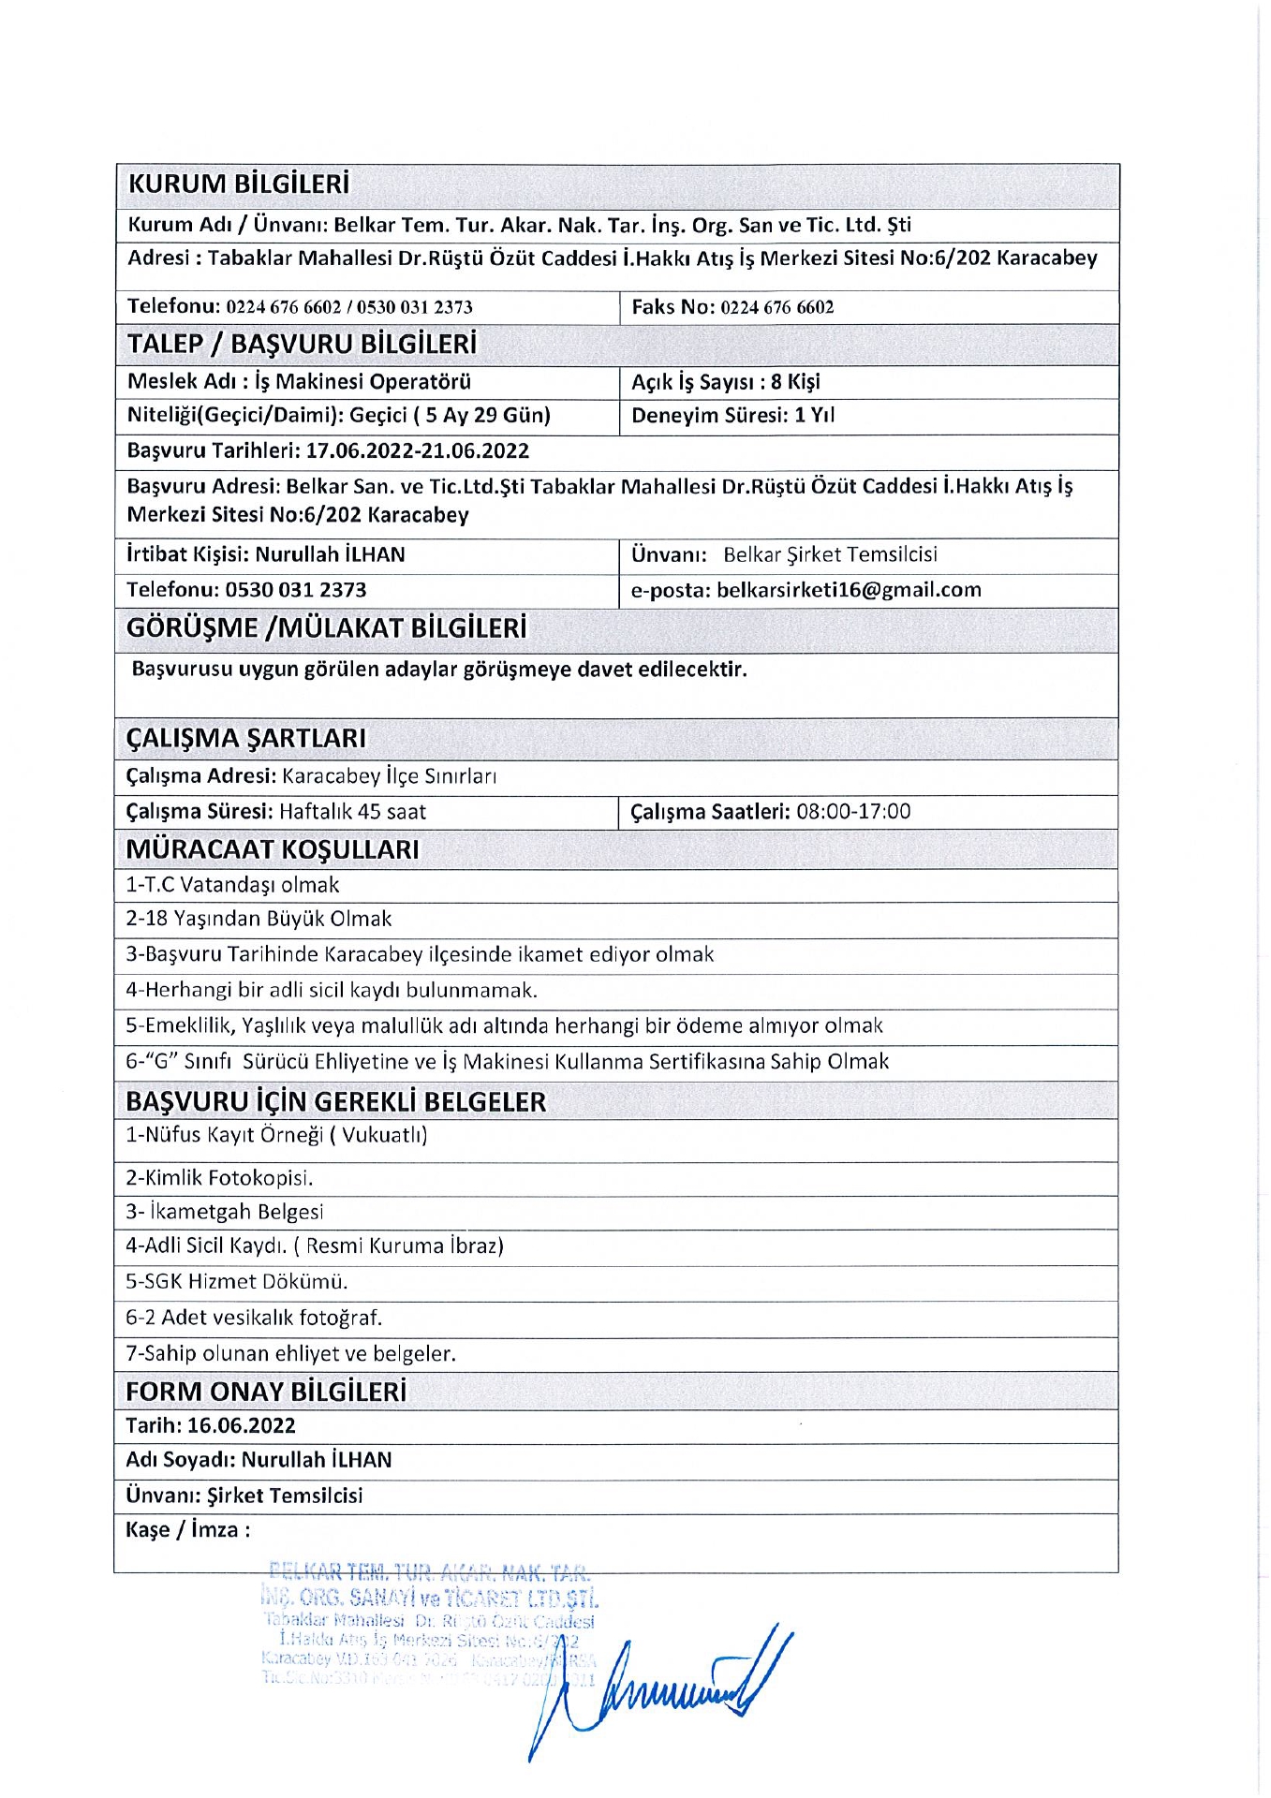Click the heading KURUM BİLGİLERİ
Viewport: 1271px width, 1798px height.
(x=238, y=184)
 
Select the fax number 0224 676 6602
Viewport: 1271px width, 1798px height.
(x=776, y=307)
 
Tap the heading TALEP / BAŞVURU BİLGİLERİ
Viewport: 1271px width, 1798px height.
(x=302, y=345)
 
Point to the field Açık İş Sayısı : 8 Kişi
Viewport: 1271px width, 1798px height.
(x=726, y=382)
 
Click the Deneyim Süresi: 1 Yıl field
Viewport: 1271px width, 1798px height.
(x=732, y=416)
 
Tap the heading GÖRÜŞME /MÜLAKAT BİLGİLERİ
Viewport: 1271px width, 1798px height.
(x=326, y=628)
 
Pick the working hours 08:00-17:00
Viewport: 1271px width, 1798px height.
(x=853, y=812)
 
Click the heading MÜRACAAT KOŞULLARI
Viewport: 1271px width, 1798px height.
(x=273, y=850)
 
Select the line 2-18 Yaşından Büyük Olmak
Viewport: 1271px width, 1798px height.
(x=259, y=920)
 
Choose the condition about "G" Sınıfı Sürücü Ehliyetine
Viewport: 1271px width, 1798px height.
(x=507, y=1062)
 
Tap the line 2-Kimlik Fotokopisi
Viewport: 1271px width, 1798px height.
(x=219, y=1178)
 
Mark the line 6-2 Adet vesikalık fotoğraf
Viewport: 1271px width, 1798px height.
(x=254, y=1319)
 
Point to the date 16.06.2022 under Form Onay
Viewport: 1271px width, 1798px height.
(x=242, y=1426)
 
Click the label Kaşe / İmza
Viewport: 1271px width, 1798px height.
(x=187, y=1531)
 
